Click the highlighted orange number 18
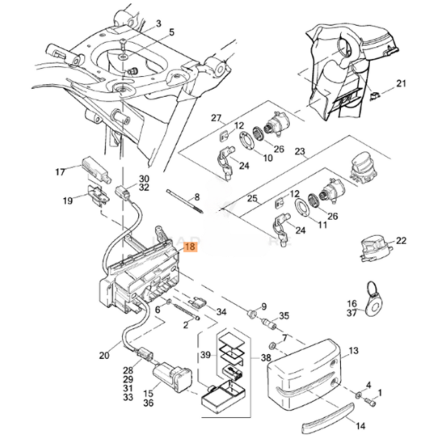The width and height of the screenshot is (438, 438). pos(190,247)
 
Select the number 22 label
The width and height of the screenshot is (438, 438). pos(401,241)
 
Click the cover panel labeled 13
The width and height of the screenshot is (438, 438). pos(303,373)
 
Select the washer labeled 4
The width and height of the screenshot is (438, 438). pos(359,394)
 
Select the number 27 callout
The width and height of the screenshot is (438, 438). pos(216,118)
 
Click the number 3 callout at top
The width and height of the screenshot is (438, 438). pos(159,23)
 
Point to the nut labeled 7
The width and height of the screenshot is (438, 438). pos(272,346)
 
